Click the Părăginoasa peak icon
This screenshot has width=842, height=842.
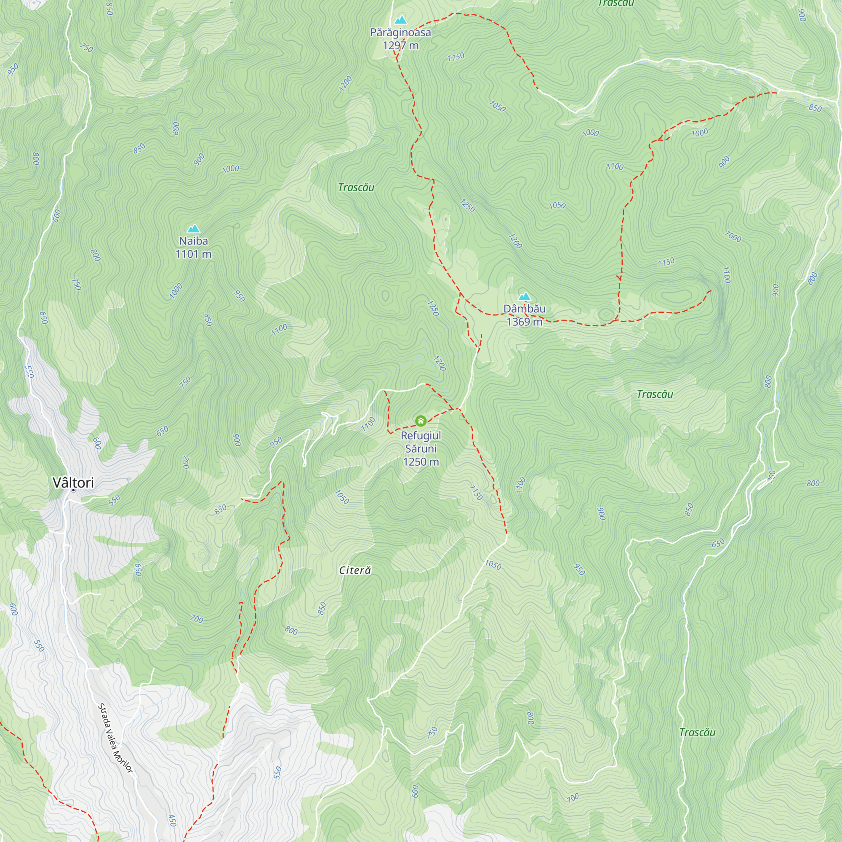pyautogui.click(x=400, y=20)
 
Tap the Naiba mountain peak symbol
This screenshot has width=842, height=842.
pyautogui.click(x=193, y=229)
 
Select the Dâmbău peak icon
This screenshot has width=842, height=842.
pyautogui.click(x=524, y=297)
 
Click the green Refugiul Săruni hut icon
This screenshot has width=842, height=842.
pyautogui.click(x=421, y=421)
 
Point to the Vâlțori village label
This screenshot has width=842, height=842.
pyautogui.click(x=73, y=482)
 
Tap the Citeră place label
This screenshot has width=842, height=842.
pyautogui.click(x=355, y=570)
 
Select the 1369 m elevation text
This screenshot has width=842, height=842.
pyautogui.click(x=524, y=322)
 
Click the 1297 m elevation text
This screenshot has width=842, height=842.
pyautogui.click(x=400, y=45)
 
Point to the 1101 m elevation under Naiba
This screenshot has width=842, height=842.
pyautogui.click(x=193, y=254)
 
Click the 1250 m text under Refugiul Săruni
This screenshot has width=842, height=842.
pyautogui.click(x=421, y=462)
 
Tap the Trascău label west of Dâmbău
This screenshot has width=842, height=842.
pyautogui.click(x=356, y=187)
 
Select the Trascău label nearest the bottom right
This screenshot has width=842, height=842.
pyautogui.click(x=697, y=733)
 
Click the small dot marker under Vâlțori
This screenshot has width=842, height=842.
pyautogui.click(x=73, y=490)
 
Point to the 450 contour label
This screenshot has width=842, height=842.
pyautogui.click(x=172, y=821)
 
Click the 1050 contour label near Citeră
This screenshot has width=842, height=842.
pyautogui.click(x=342, y=497)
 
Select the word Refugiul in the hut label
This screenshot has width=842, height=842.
pyautogui.click(x=421, y=436)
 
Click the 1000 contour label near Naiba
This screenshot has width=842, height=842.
pyautogui.click(x=176, y=290)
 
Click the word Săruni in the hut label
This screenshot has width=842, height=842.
pyautogui.click(x=421, y=449)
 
